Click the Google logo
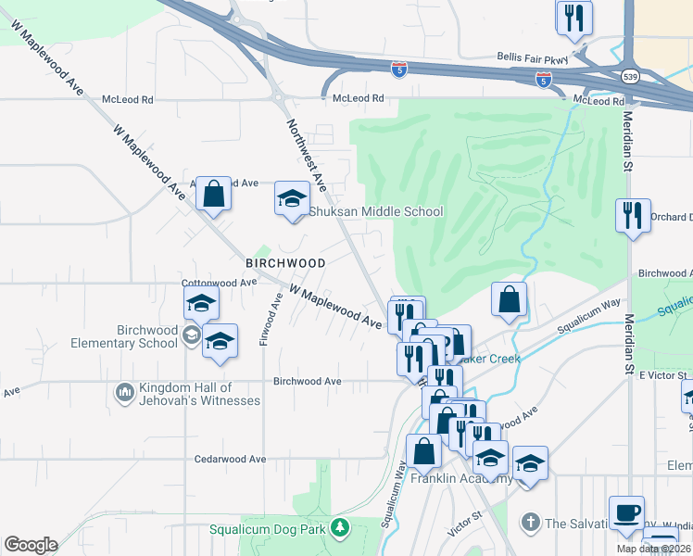(31, 544)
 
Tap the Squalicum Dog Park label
(285, 528)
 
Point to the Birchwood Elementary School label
(147, 336)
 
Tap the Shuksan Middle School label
(375, 211)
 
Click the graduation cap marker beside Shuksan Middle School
(291, 198)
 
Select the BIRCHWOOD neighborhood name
(285, 263)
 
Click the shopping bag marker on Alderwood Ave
(214, 195)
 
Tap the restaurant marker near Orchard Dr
(632, 215)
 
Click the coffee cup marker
(626, 512)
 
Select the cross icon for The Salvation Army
(529, 523)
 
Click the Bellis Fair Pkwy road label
(531, 57)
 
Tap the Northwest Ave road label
(305, 154)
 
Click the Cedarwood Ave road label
(230, 459)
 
